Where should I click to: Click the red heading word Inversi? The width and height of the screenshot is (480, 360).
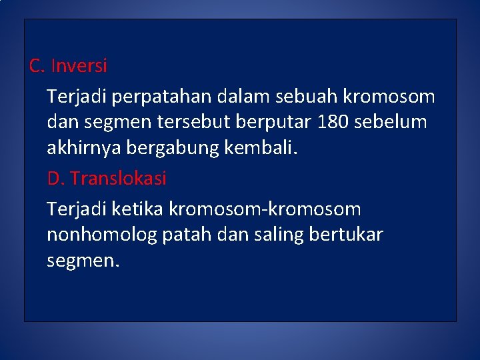click(x=79, y=66)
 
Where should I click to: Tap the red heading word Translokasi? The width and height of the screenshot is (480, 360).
click(x=118, y=179)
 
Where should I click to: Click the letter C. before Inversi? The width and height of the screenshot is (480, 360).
click(x=37, y=66)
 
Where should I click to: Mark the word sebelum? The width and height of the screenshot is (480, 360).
click(x=393, y=123)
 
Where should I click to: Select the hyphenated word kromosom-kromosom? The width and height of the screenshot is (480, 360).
click(x=265, y=209)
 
